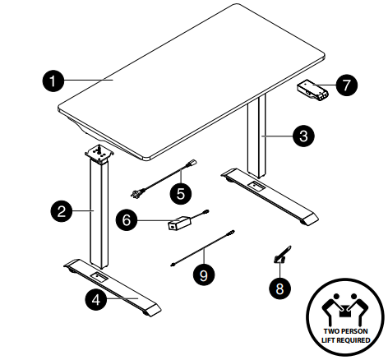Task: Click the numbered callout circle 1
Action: [53, 81]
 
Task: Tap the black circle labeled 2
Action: [62, 211]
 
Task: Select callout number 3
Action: [303, 136]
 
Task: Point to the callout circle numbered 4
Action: [96, 300]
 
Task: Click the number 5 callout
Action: [181, 194]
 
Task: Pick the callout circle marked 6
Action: [127, 220]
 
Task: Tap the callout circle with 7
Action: [347, 85]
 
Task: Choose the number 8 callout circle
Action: [279, 288]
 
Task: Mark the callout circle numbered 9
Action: [204, 275]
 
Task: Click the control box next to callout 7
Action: [312, 90]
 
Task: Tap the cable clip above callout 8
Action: [282, 255]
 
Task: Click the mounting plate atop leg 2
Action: [99, 155]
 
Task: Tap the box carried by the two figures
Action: [344, 312]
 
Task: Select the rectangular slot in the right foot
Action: [256, 187]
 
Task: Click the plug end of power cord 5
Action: [136, 194]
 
